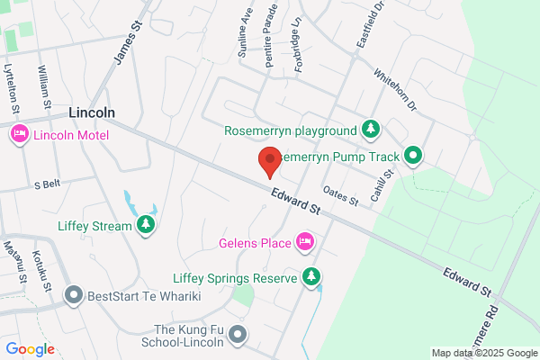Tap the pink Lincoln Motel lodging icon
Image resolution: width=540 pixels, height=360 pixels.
(x=19, y=135)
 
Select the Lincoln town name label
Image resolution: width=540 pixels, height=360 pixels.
(x=92, y=112)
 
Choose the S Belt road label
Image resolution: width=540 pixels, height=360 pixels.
(x=46, y=184)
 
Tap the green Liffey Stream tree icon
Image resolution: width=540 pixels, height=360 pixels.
(x=145, y=224)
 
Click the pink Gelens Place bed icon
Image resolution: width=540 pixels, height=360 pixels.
(x=305, y=241)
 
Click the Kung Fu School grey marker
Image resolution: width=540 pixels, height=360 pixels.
(x=238, y=336)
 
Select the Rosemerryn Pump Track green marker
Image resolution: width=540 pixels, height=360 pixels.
(x=413, y=156)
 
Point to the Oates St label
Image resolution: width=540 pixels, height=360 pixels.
(x=340, y=193)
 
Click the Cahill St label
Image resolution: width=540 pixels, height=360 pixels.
(x=385, y=186)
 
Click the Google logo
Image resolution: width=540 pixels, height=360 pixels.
(x=30, y=349)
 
